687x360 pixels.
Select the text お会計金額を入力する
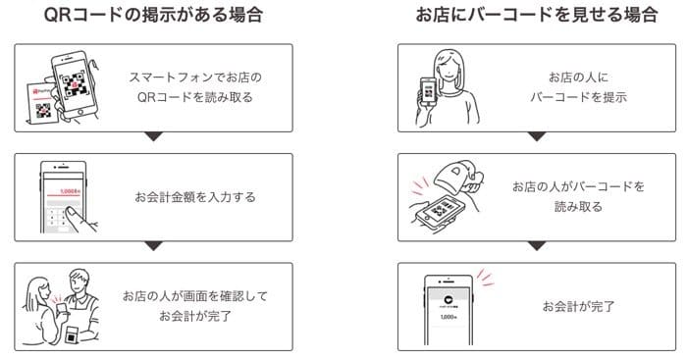(195, 196)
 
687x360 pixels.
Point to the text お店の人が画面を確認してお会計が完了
(195, 304)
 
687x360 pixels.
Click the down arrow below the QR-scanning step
(152, 136)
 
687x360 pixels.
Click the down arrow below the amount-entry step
(152, 245)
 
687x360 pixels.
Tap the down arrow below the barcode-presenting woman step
(535, 136)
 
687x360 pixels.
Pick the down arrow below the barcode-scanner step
(535, 245)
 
